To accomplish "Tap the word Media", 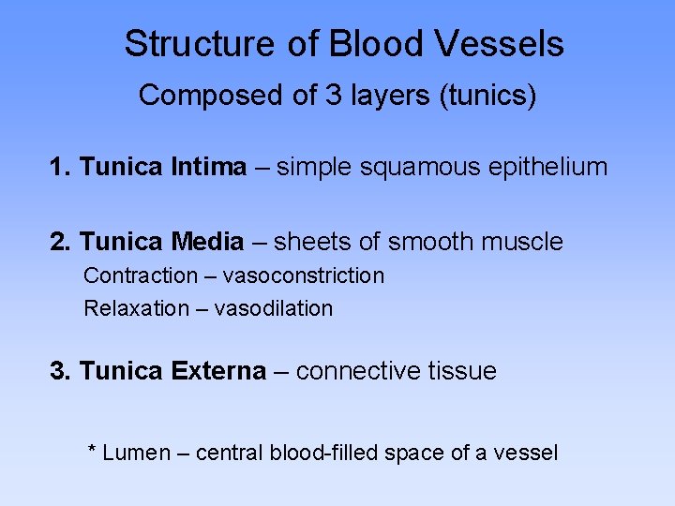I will pos(208,242).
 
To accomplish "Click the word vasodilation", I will pos(274,308).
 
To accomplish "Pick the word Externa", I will pos(219,371).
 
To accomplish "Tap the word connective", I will pos(359,371).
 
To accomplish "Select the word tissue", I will pos(463,371).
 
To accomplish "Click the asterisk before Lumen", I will pos(92,451).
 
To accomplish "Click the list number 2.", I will pos(59,242).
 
